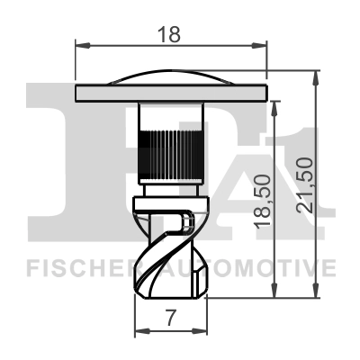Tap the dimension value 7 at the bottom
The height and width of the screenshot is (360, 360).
coord(169,317)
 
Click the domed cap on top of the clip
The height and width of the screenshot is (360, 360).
coord(171,79)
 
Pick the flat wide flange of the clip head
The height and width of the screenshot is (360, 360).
coord(171,93)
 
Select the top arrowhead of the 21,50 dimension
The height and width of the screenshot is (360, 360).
coord(314,74)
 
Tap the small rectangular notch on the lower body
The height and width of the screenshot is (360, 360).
coord(186,219)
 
